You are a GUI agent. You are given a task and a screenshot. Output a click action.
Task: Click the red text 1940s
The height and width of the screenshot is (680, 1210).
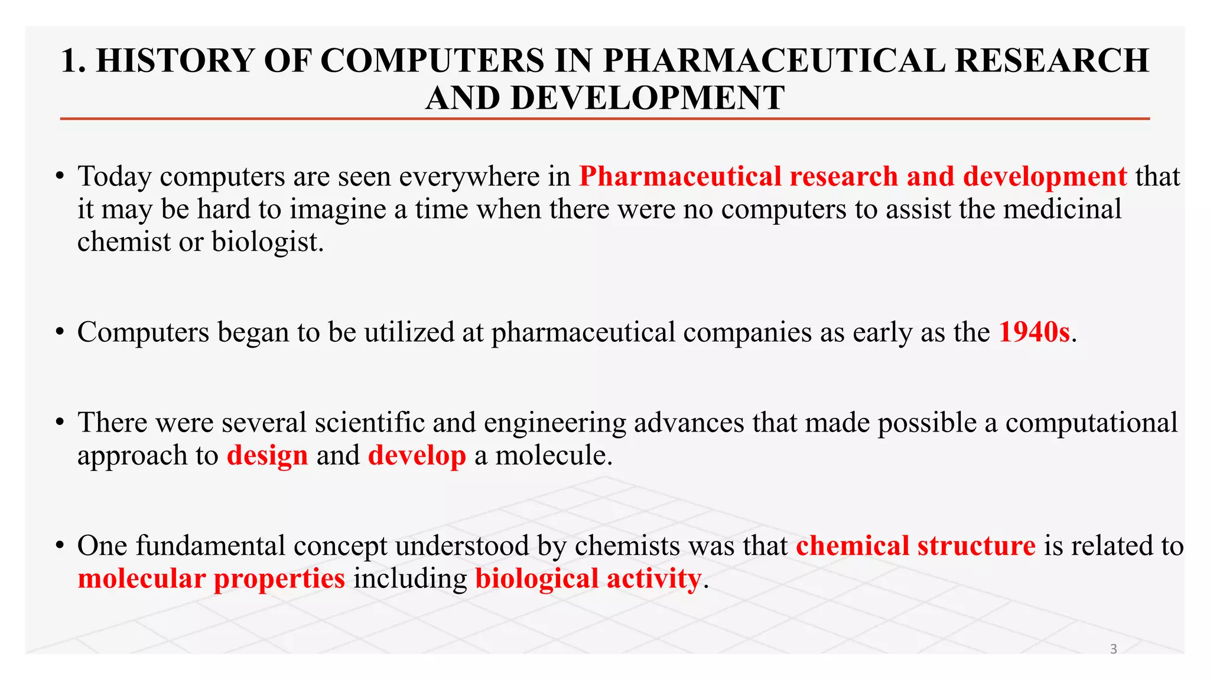coord(1034,332)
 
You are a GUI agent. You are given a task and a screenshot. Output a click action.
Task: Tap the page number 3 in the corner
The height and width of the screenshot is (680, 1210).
coord(1114,649)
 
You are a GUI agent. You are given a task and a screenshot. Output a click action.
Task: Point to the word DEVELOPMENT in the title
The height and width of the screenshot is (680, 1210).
coord(647,98)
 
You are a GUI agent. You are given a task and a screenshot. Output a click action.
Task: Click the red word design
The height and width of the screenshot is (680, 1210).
coord(267,456)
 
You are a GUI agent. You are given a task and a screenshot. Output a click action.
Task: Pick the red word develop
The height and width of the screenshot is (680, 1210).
coord(417,456)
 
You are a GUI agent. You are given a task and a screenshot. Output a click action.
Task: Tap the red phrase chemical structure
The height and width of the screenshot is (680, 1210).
coord(915,545)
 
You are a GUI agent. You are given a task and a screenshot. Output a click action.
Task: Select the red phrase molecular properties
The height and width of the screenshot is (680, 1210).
coord(211,578)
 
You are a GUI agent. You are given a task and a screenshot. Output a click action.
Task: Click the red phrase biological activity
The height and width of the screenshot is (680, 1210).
coord(588,578)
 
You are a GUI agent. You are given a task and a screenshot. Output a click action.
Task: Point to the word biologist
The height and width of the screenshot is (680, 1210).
coord(268,241)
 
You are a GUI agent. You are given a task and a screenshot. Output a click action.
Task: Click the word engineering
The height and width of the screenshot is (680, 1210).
coord(555,423)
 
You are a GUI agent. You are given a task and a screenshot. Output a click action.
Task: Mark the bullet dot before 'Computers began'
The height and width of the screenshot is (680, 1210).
coord(60,333)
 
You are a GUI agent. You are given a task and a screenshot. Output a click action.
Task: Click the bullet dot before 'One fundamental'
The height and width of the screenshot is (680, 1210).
coord(60,546)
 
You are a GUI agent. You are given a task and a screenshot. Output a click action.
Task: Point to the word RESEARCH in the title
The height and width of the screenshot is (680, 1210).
coord(1052,61)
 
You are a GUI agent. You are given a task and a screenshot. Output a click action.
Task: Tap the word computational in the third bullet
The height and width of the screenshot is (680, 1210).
coord(1091,423)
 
